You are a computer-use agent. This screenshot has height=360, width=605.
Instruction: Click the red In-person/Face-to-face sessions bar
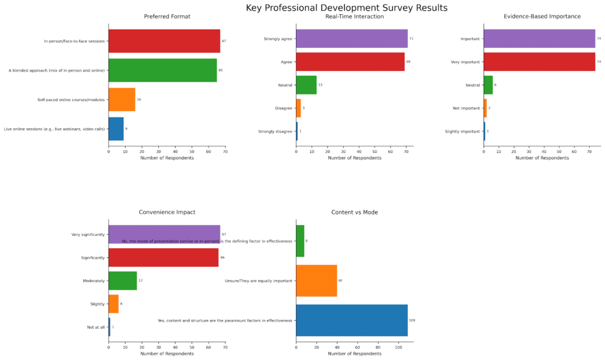click(164, 41)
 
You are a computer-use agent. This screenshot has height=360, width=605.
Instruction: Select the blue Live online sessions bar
click(116, 129)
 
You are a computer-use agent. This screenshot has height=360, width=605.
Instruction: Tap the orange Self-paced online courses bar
click(122, 99)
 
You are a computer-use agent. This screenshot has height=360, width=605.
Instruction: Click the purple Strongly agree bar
click(352, 39)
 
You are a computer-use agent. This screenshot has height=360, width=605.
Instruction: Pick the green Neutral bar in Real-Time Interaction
click(306, 85)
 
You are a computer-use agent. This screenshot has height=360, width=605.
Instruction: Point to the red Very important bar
click(539, 61)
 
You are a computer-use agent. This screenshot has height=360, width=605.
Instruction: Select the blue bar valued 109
click(352, 320)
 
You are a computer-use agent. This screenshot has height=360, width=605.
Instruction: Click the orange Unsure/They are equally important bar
click(316, 281)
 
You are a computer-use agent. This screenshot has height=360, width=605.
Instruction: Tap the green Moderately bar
click(122, 281)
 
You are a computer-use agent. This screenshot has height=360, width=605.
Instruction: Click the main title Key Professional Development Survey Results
click(346, 8)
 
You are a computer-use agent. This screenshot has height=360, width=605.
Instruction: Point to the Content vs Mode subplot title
click(354, 212)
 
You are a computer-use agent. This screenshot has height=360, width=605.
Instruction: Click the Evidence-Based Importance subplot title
click(542, 17)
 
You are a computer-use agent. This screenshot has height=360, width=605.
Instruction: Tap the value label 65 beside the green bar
click(220, 70)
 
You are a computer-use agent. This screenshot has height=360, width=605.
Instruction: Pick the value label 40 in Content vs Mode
click(340, 281)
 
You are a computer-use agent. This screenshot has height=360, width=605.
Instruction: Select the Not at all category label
click(96, 327)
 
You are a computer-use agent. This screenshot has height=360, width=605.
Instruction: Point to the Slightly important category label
click(462, 131)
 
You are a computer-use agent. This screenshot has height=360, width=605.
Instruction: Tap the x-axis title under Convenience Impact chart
click(167, 354)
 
